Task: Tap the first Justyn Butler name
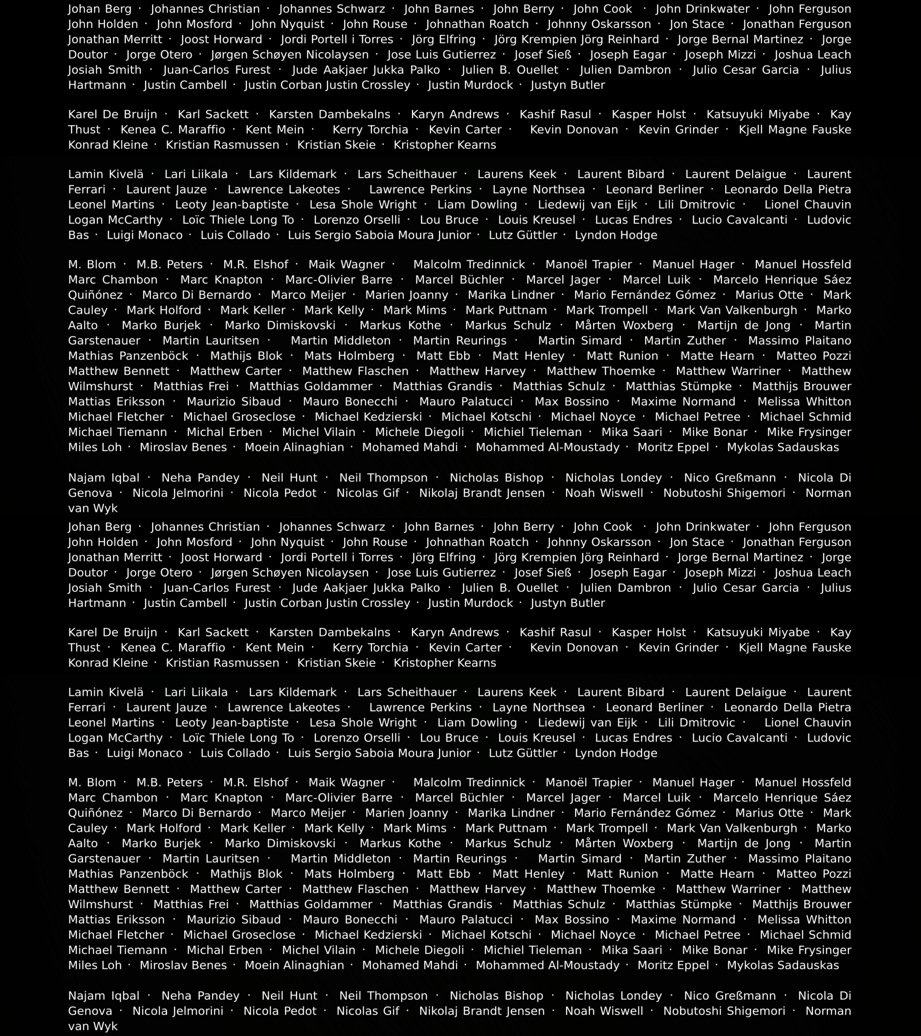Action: (x=568, y=85)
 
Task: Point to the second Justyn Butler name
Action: (x=568, y=603)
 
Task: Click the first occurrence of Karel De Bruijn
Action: (x=113, y=115)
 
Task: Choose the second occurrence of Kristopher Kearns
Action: (x=445, y=663)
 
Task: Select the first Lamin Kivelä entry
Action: (x=106, y=174)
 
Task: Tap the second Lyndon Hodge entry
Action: (x=616, y=753)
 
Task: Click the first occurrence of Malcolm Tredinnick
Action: (x=469, y=265)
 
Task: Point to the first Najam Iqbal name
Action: (x=104, y=478)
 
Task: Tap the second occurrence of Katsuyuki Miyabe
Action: (x=758, y=633)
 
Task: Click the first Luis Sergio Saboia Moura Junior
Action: (x=379, y=235)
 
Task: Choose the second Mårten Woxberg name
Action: (x=624, y=843)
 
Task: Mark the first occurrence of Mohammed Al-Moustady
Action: (x=548, y=448)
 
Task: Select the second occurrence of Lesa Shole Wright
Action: (x=363, y=723)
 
